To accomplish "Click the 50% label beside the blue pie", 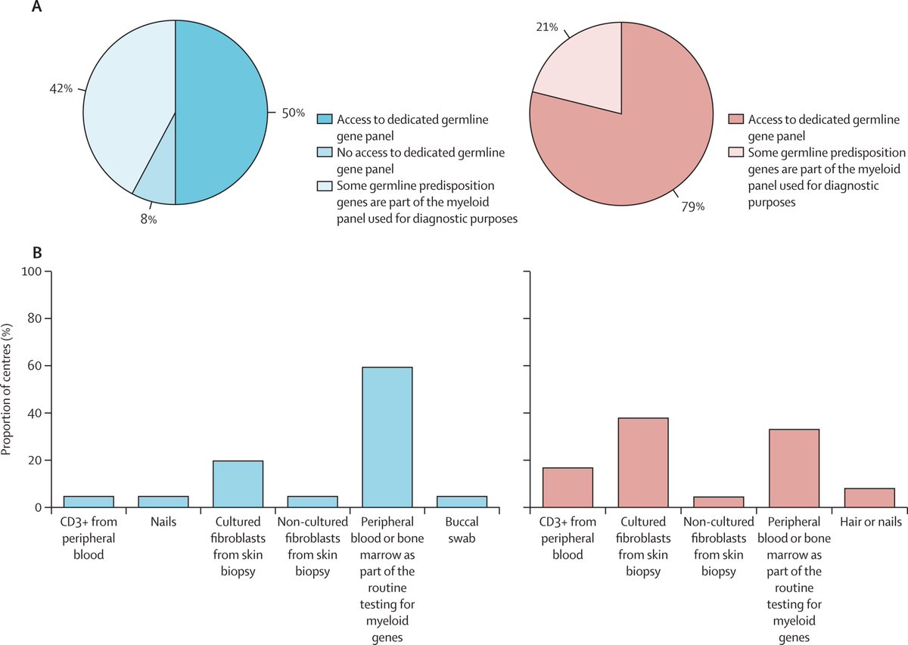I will click(294, 113).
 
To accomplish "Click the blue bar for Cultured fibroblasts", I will click(238, 484).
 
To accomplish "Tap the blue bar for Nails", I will click(163, 502).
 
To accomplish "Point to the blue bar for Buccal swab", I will click(462, 502).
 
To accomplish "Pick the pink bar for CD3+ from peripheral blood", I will click(567, 488).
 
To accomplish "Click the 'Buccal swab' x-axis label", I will click(462, 529).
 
